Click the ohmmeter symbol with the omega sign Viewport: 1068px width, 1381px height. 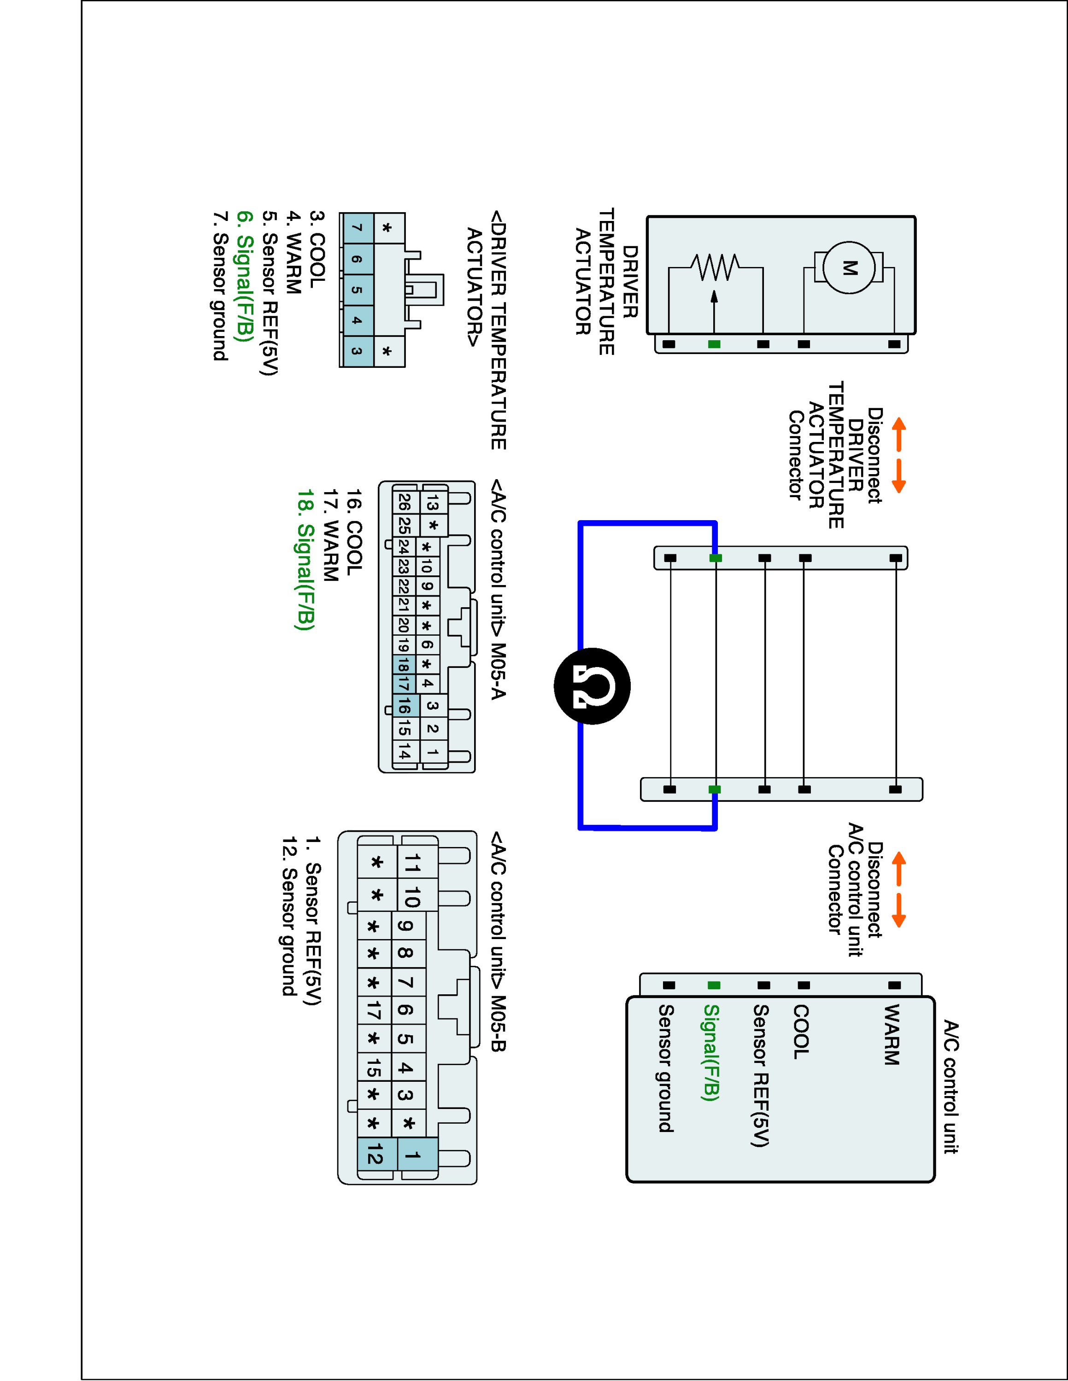coord(592,686)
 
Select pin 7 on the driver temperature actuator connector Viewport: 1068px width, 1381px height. coord(356,228)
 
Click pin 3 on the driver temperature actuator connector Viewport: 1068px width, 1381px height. coord(356,352)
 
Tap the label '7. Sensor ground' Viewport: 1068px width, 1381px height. coord(220,286)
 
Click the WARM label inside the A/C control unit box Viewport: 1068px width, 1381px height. coord(891,1034)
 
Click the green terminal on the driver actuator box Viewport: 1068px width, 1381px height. coord(714,344)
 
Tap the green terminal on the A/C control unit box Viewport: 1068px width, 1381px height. coord(714,985)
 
